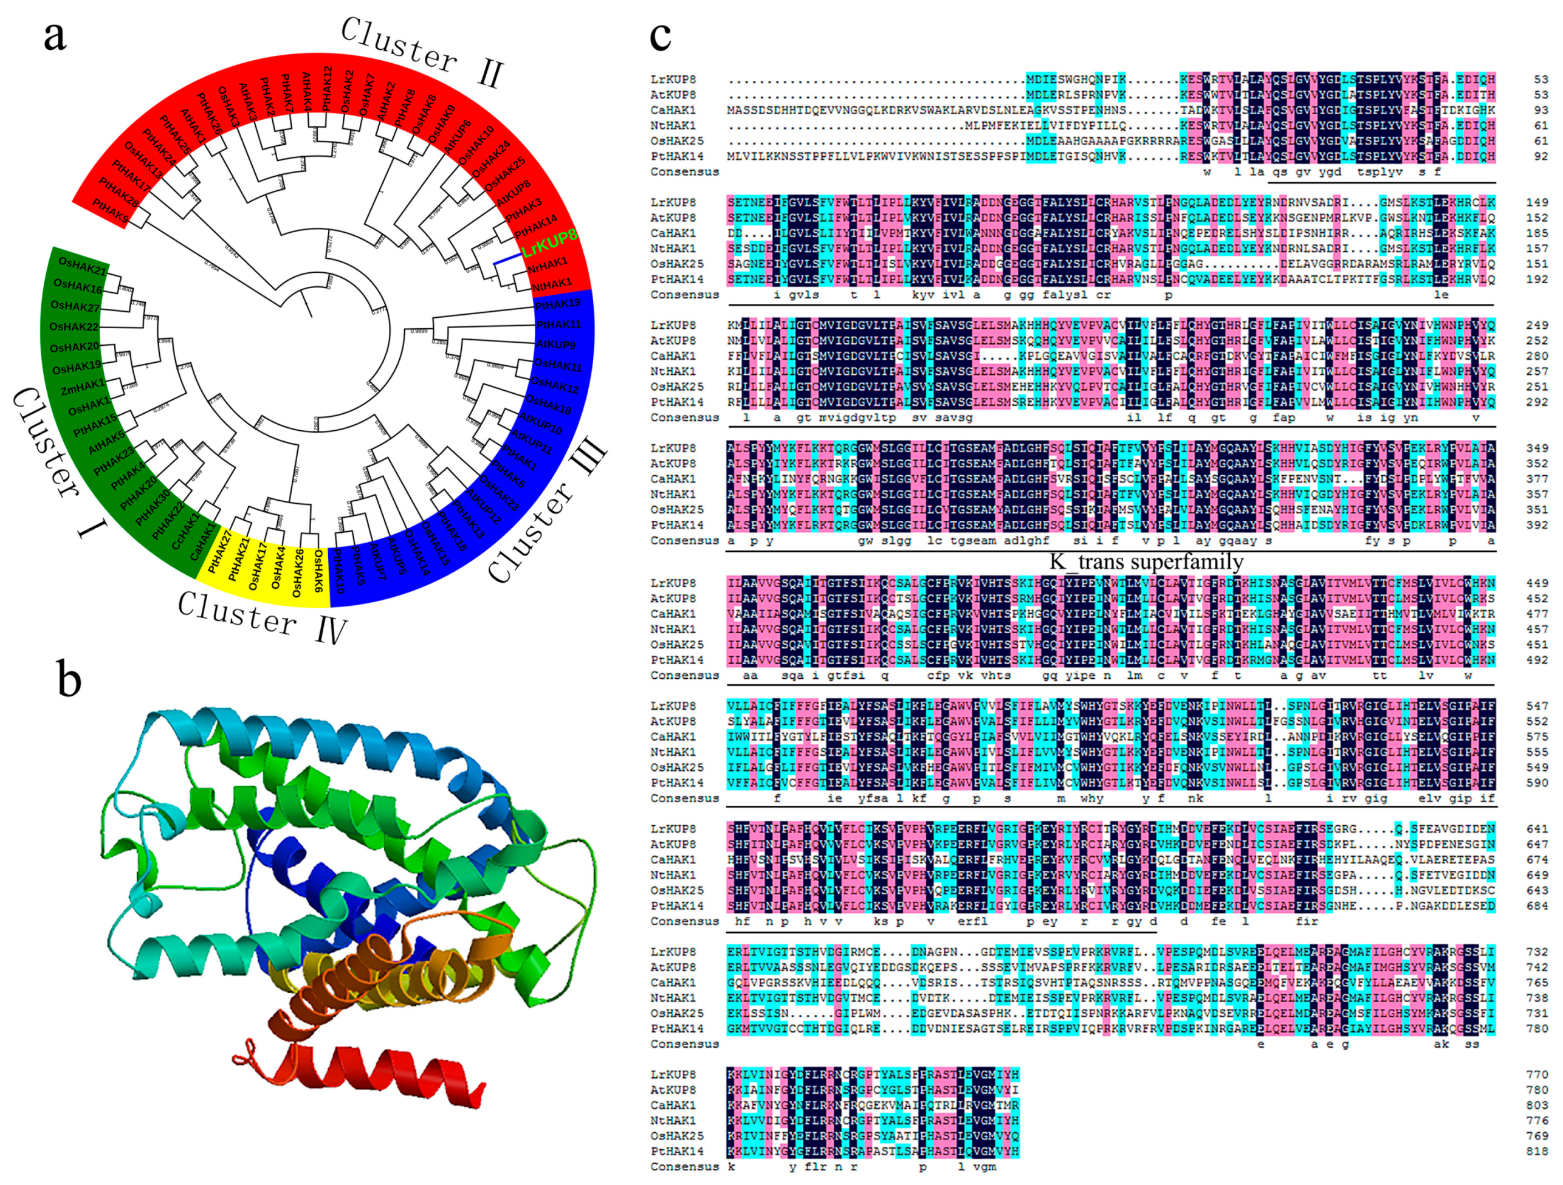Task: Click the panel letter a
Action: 55,35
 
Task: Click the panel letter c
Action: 660,35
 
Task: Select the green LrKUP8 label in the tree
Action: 550,242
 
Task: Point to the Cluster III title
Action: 547,510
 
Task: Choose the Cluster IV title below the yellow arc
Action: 261,617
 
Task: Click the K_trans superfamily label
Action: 1146,562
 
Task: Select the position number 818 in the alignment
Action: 1536,1151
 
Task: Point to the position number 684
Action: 1536,906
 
